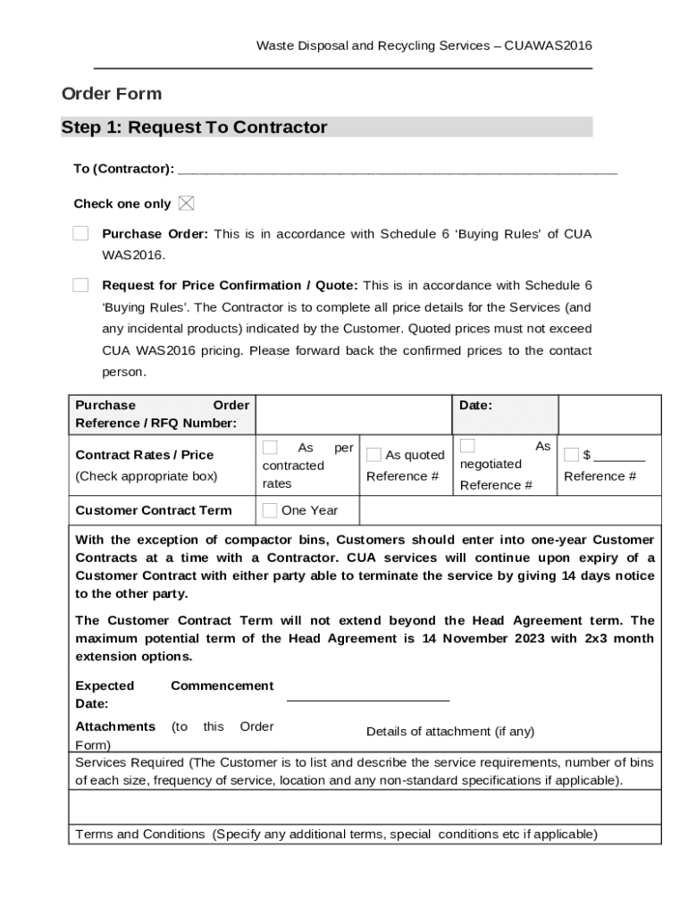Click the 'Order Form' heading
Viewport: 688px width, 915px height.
point(112,94)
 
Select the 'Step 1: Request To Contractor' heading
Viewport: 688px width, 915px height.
point(194,128)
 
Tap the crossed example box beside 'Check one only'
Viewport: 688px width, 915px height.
point(186,204)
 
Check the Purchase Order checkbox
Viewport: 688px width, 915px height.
point(80,234)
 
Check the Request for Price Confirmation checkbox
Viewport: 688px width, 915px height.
point(80,286)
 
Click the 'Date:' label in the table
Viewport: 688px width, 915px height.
point(475,406)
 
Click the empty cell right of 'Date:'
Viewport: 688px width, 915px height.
point(609,415)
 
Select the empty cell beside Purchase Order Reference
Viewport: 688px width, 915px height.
point(354,415)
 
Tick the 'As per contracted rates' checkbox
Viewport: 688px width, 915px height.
point(270,448)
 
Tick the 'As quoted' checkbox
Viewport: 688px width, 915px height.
point(373,455)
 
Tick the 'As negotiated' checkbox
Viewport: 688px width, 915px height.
point(467,446)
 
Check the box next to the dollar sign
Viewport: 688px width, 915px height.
point(571,455)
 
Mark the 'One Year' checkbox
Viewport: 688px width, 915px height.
point(270,510)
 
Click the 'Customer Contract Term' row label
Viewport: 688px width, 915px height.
point(154,510)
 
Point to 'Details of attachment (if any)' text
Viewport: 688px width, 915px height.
point(450,731)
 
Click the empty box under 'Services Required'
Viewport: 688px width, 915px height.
point(365,807)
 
